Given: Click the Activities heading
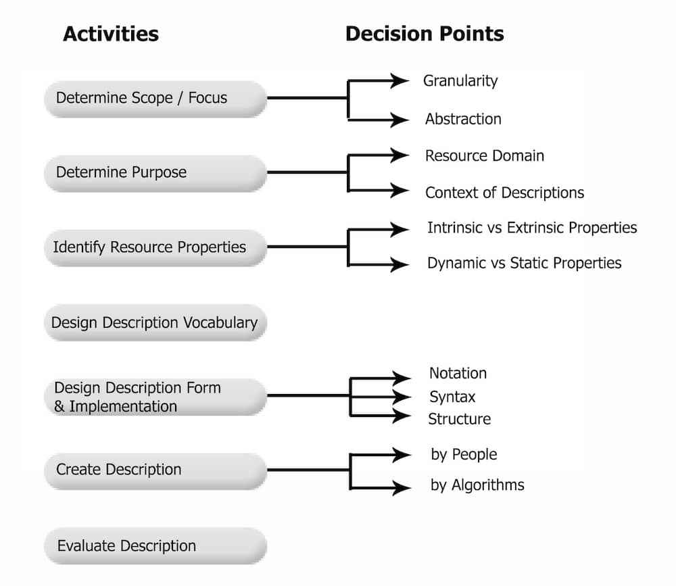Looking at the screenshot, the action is (111, 34).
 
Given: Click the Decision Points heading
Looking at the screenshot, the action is (425, 34).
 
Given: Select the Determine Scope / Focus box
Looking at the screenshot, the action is (155, 99).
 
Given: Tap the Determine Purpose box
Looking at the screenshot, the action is (155, 173).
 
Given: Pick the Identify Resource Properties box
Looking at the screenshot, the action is (155, 247).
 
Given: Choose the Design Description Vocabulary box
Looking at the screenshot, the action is (155, 322).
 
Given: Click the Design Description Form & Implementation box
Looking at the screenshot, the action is (155, 397).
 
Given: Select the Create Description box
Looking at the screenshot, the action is (155, 471).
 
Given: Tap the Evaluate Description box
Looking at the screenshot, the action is (155, 546).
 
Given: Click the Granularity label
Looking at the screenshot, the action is (460, 81).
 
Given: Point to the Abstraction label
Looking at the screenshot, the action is (464, 119).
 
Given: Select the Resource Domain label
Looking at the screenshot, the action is (485, 155).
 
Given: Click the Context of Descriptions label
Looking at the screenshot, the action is (504, 193).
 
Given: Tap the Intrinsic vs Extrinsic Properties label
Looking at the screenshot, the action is (532, 228).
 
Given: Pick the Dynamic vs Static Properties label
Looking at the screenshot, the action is (525, 263).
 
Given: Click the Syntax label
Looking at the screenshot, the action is (452, 397).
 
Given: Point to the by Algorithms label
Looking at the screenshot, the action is (478, 485).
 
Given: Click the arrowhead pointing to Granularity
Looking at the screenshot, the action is (400, 80).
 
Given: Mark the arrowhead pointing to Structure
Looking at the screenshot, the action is (402, 416).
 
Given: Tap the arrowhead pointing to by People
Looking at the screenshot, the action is (402, 454).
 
